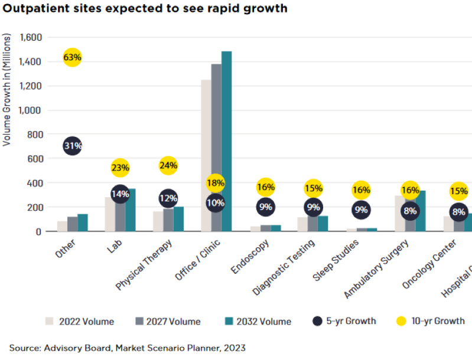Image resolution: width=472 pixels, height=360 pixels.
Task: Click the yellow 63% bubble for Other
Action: tap(72, 57)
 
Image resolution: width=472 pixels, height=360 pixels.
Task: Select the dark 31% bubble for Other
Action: tap(72, 146)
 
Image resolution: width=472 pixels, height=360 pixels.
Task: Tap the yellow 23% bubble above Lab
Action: tap(120, 168)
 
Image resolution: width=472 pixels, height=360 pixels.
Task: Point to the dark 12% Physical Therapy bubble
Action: tap(168, 198)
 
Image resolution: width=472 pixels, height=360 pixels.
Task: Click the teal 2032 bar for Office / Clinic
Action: tap(226, 142)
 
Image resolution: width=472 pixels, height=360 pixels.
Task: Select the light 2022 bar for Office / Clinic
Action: tap(206, 156)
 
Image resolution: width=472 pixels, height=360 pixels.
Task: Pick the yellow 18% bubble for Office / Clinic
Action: tap(216, 183)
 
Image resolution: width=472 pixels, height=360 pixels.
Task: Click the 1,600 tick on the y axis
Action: tap(30, 37)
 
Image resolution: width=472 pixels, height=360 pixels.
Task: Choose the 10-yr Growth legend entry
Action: tap(429, 321)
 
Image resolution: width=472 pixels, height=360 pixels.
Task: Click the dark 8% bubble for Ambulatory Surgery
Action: tap(410, 211)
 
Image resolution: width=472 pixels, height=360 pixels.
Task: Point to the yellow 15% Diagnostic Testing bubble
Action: tap(313, 189)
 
